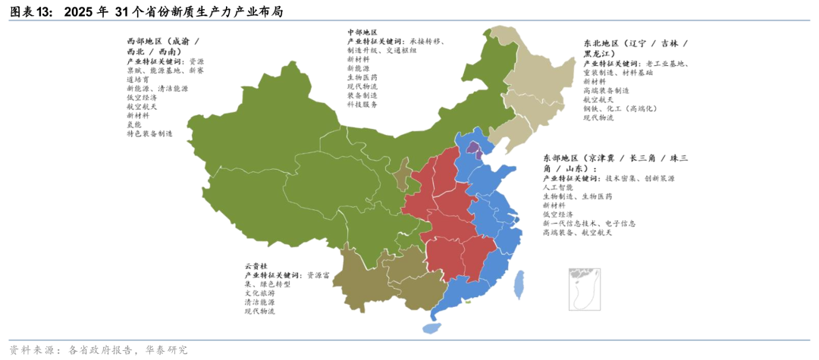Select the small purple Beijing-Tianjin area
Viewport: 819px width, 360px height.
472,150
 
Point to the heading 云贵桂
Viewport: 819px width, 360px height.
256,266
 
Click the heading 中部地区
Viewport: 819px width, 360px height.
362,31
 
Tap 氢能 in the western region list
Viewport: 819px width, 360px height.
134,124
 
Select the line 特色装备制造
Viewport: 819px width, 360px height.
149,133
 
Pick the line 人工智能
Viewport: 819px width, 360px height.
557,186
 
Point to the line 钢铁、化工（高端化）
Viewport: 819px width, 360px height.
620,108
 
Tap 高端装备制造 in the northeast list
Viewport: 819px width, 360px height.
606,90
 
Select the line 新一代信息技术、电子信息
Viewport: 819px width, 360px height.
588,224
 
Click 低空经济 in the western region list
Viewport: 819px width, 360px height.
142,97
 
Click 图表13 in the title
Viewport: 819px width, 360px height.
30,12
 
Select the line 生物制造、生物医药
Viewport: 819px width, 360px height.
577,196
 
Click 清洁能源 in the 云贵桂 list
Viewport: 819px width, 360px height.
259,302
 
